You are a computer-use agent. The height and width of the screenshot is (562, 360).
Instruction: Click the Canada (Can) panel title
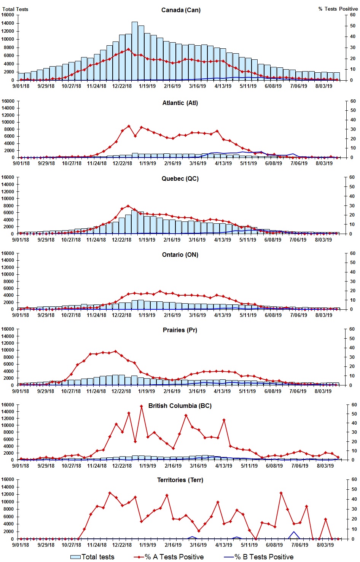181,10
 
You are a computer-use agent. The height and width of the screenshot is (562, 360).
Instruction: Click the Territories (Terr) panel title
180,480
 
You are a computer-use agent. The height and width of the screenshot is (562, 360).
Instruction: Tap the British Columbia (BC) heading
180,406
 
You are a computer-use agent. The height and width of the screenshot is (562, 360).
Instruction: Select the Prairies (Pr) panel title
180,330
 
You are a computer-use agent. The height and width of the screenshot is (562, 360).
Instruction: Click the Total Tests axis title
15,9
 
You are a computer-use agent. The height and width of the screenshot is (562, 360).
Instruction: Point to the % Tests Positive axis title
338,9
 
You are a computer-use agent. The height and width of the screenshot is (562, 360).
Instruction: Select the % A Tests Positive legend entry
169,557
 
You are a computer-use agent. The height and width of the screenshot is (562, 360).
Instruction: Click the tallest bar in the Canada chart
135,51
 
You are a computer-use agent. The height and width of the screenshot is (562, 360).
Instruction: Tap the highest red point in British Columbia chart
141,406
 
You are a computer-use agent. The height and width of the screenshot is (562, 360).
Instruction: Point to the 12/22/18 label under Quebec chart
121,240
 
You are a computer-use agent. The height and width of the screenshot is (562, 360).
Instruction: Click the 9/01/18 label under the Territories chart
21,545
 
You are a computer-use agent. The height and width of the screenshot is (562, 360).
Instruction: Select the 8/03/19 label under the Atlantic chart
324,163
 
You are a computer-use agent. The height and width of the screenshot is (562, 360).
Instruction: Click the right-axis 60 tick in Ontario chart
353,253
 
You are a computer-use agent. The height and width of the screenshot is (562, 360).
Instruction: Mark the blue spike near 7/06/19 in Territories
293,532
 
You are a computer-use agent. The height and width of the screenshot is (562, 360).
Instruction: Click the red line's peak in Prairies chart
116,351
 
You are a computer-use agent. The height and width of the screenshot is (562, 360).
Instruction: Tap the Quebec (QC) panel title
180,178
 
